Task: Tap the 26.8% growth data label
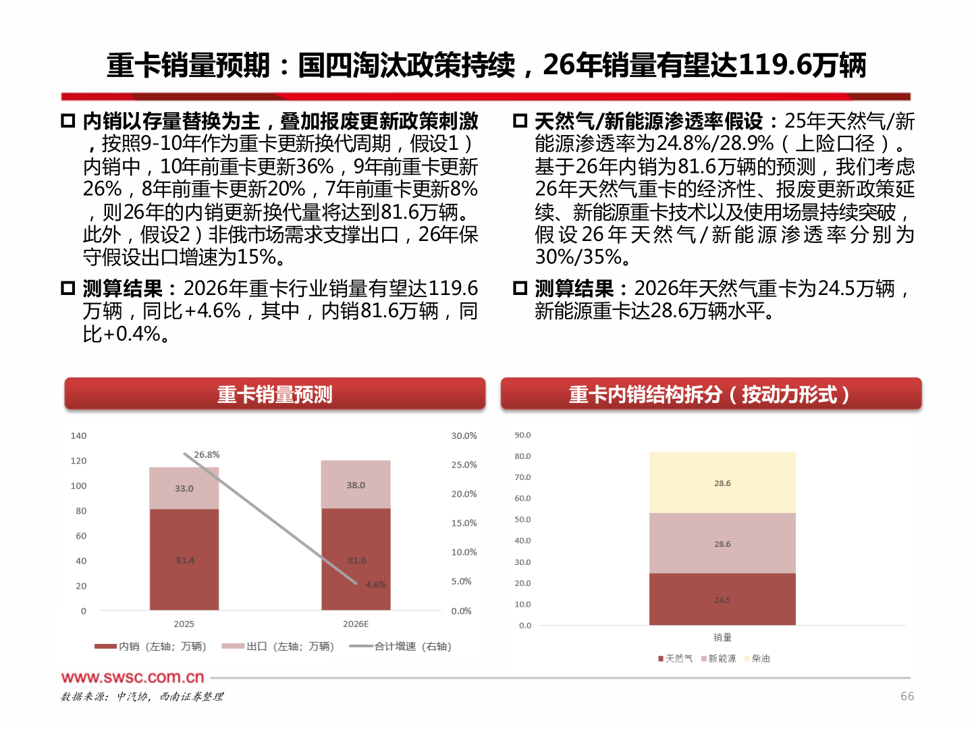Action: click(x=207, y=454)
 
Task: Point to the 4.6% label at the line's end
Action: click(x=376, y=585)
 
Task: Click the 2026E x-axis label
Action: click(x=356, y=624)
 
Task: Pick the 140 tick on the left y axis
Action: click(x=78, y=435)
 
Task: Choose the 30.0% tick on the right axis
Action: click(x=464, y=435)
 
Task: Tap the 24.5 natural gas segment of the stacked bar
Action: click(x=722, y=599)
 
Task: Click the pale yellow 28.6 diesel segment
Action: click(x=722, y=483)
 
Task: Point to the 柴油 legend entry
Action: click(x=760, y=658)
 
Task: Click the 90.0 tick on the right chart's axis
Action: click(x=522, y=435)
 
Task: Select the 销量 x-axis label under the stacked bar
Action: click(x=722, y=637)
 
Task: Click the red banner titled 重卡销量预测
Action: click(x=275, y=394)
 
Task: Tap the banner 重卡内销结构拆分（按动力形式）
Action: click(x=711, y=394)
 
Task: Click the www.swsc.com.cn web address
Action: click(x=132, y=677)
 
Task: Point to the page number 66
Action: click(x=907, y=696)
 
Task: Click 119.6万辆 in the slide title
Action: click(x=802, y=65)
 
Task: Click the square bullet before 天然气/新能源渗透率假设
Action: click(x=520, y=121)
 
